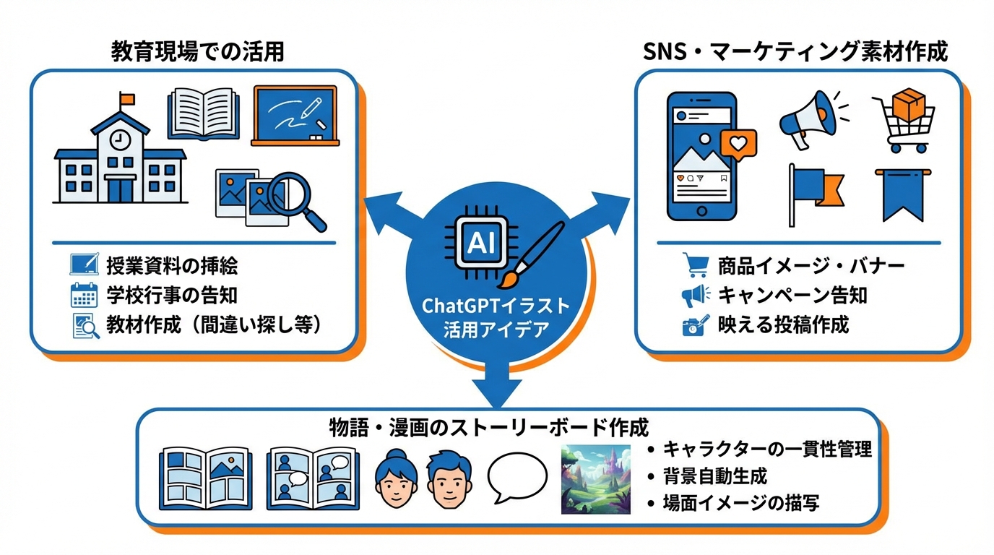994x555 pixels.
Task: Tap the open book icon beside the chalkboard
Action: (x=203, y=113)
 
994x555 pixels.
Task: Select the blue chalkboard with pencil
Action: (x=295, y=116)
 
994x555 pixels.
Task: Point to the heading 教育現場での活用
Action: (x=197, y=51)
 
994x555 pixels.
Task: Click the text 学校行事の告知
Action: (x=171, y=296)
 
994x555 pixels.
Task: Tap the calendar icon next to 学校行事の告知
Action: (x=84, y=296)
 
